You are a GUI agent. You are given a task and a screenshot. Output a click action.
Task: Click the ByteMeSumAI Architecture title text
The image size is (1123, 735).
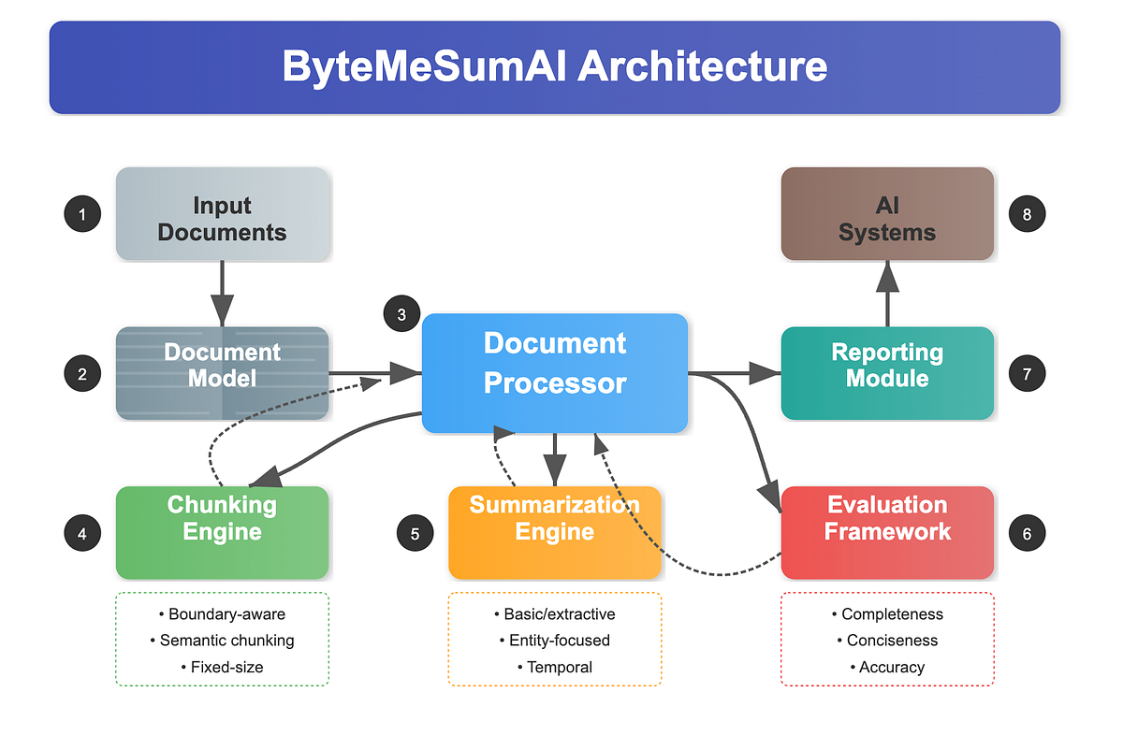pos(555,67)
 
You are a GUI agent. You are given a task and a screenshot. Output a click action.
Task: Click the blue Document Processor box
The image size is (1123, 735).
pos(555,373)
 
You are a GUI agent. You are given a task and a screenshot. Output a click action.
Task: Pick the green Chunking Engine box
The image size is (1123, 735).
pos(222,532)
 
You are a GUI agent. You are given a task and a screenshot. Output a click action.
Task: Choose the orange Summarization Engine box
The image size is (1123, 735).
pos(555,532)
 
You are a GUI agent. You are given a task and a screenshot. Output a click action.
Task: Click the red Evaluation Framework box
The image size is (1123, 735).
pos(887,532)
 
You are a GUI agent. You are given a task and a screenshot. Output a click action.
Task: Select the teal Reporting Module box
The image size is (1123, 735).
pos(887,373)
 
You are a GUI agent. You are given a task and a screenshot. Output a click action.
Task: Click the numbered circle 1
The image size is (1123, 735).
pos(82,215)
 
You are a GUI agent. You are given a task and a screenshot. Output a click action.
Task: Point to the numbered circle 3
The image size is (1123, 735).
pos(402,314)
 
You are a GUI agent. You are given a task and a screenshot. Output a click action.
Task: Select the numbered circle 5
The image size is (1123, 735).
pos(415,534)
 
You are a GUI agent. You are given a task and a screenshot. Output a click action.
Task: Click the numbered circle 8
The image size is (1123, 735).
pos(1027,215)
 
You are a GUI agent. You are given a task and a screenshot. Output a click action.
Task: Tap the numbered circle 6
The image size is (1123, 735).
pos(1027,534)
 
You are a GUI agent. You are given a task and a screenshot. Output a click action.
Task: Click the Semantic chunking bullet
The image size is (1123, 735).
pos(222,641)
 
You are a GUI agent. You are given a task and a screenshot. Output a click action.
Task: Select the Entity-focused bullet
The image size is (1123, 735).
pos(555,641)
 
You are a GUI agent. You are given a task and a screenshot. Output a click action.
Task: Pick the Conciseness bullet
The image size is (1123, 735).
pos(887,641)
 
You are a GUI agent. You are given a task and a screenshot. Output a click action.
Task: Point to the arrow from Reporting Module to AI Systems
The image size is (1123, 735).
pos(887,292)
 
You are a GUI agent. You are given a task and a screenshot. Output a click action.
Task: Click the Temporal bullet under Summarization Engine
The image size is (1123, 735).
pos(555,667)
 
